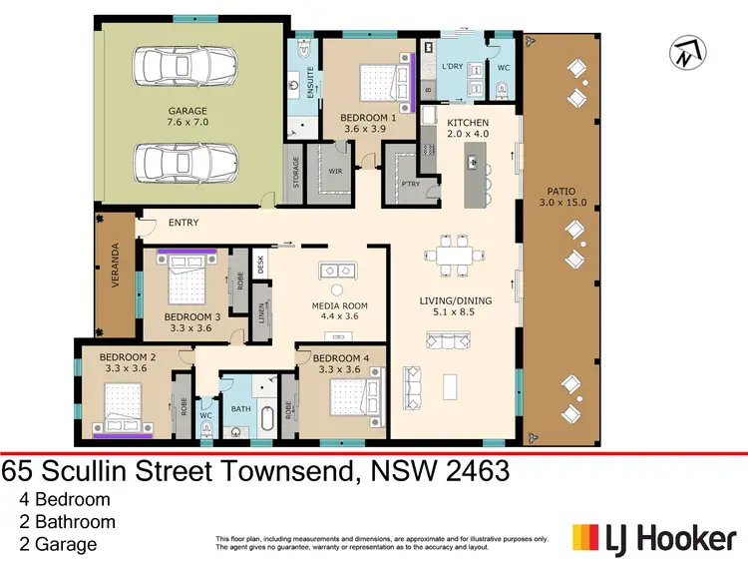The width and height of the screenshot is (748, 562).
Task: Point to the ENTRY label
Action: point(184,223)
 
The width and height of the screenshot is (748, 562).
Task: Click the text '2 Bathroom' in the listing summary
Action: point(67,521)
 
